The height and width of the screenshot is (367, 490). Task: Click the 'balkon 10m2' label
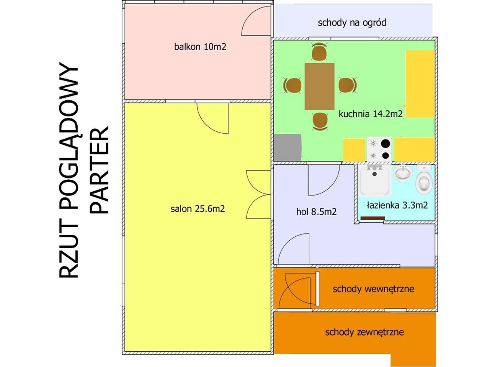[x=200, y=47]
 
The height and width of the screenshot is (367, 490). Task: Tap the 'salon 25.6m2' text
[x=198, y=209]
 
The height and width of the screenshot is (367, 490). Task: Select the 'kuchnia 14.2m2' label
[x=371, y=114]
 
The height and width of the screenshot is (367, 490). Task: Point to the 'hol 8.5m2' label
[x=316, y=211]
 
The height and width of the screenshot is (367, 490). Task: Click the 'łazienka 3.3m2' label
[x=397, y=205]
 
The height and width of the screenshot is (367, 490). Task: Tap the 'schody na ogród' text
[x=352, y=23]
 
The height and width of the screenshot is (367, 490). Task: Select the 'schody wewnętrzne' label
[x=374, y=289]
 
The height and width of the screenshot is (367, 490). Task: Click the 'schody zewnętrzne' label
[x=364, y=332]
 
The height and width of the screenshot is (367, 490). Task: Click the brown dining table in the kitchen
[x=319, y=86]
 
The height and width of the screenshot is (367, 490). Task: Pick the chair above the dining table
[x=319, y=52]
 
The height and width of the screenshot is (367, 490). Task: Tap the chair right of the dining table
[x=347, y=85]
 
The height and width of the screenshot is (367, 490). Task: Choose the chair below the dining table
[x=320, y=121]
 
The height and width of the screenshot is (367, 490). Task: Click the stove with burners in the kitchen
[x=379, y=149]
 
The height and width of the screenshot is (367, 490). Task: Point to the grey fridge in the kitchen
[x=287, y=147]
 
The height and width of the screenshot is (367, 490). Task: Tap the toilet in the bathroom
[x=424, y=180]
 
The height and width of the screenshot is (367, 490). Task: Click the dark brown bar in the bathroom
[x=372, y=218]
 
